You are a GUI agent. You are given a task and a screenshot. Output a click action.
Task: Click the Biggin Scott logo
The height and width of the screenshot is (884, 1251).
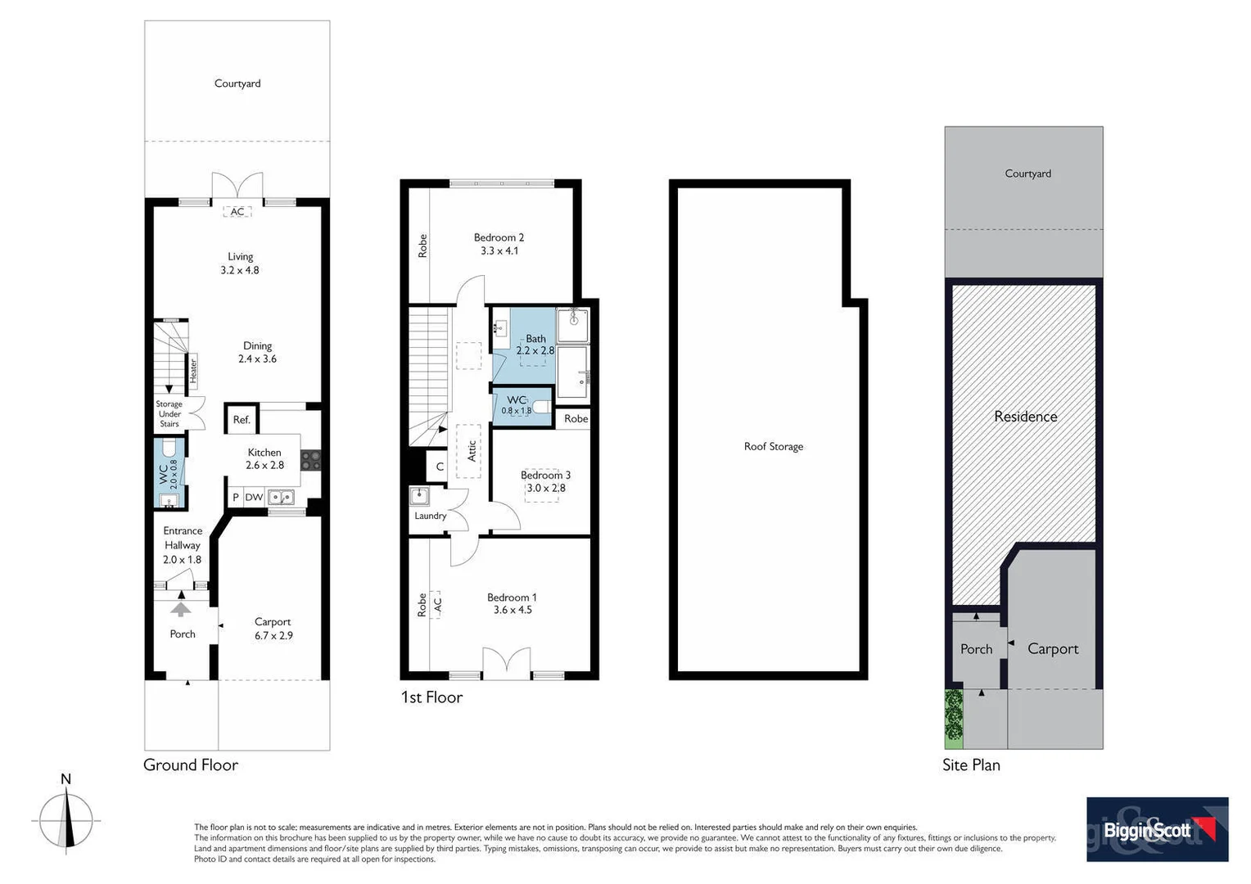[1156, 829]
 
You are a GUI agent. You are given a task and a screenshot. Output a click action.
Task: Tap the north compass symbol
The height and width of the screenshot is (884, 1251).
[67, 819]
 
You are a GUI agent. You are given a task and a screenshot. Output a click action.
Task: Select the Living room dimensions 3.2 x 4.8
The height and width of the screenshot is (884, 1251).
[240, 270]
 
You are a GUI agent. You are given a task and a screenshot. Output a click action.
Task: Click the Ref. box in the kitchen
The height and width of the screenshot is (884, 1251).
[242, 420]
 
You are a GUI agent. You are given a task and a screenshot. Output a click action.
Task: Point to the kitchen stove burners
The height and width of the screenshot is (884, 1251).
[311, 461]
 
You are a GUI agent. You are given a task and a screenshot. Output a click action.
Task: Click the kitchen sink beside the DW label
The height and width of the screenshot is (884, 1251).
[281, 497]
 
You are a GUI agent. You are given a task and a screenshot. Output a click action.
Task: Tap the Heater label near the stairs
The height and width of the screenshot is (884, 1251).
[194, 371]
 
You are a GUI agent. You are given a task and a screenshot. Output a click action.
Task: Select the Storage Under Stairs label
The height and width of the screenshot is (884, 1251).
[169, 414]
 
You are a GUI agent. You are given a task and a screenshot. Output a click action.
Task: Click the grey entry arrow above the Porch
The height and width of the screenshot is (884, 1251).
[181, 609]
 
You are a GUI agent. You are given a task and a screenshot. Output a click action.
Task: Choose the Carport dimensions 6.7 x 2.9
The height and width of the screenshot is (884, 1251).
[273, 635]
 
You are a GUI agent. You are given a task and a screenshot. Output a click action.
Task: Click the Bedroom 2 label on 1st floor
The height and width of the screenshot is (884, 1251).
[499, 237]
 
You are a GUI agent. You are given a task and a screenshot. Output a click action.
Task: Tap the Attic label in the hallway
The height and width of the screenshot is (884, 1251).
[472, 450]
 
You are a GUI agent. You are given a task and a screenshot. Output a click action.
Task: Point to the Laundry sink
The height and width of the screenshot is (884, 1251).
[419, 496]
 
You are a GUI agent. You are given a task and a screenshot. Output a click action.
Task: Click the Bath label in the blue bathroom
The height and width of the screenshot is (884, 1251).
[535, 338]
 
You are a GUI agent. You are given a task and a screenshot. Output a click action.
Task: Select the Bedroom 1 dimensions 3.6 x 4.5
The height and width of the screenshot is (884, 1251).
[513, 610]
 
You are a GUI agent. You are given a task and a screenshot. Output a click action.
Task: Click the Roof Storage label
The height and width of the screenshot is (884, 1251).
[773, 446]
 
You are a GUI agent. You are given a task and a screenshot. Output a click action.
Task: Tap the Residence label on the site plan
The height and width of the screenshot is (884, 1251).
[1025, 417]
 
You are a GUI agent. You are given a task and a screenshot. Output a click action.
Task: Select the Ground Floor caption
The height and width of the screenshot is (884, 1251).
[191, 764]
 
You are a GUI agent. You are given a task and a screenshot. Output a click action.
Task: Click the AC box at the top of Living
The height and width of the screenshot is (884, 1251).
[237, 211]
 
